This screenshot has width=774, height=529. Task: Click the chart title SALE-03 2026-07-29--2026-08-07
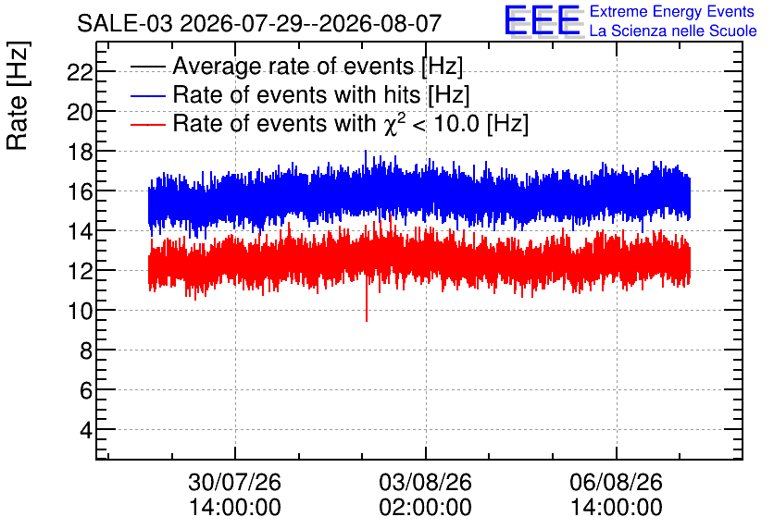pos(259,23)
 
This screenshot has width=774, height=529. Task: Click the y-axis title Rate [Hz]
pos(18,95)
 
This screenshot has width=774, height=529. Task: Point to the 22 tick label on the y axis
pos(80,72)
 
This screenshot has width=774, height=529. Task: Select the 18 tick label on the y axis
pos(80,152)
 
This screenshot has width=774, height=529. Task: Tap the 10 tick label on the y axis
pos(80,311)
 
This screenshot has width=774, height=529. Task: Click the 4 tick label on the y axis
pos(86,430)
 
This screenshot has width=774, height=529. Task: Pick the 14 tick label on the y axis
pos(80,231)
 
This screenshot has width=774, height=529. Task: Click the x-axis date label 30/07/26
pos(234,482)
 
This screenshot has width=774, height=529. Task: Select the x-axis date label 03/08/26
pos(426,482)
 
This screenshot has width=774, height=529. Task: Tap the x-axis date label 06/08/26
pos(616,482)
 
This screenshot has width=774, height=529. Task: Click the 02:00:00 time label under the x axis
pos(426,508)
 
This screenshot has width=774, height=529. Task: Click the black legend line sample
pos(147,67)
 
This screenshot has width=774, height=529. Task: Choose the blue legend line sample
pos(147,95)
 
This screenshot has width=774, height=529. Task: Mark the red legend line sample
pos(147,124)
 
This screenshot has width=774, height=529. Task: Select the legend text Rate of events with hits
pos(296,94)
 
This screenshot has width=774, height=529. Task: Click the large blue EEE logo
pos(543,20)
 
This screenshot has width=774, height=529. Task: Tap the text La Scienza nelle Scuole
pos(673,31)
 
